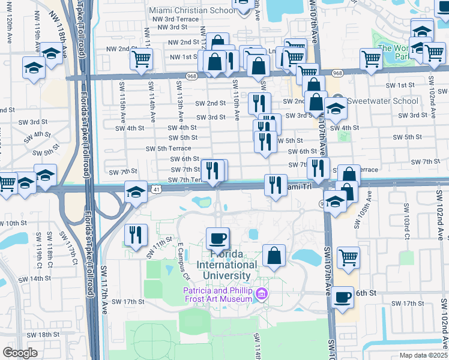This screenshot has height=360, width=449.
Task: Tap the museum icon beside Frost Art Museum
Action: click(x=261, y=295)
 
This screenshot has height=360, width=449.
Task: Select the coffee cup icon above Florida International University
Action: click(x=217, y=238)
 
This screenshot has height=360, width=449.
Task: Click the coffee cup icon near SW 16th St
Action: click(x=343, y=296)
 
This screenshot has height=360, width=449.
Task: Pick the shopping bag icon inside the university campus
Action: click(x=274, y=256)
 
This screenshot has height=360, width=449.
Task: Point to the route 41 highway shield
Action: click(x=155, y=189)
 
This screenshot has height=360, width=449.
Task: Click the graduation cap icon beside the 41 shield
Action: click(x=136, y=192)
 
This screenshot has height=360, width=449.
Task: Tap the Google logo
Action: click(x=20, y=352)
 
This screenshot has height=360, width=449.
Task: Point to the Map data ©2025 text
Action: click(x=423, y=355)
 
